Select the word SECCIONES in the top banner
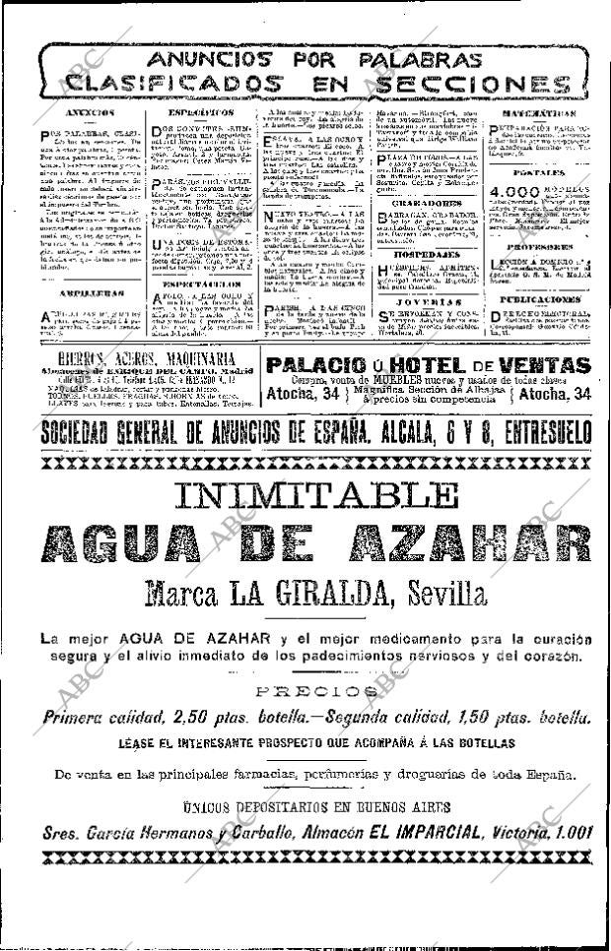(477, 84)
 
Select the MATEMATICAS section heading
(541, 116)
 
